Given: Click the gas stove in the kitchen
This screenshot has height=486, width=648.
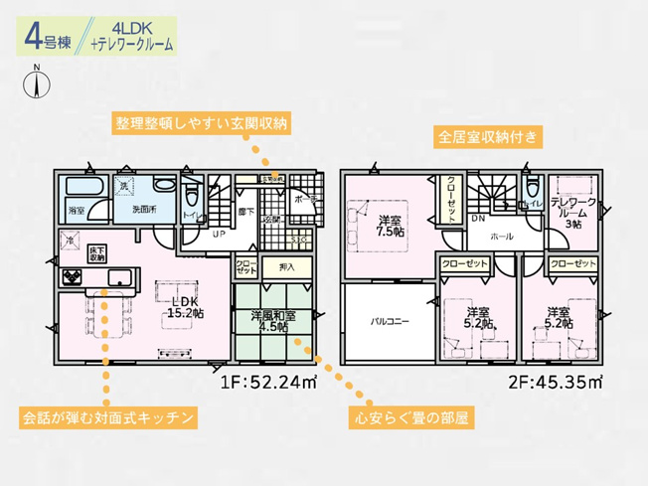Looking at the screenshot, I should [x=72, y=277].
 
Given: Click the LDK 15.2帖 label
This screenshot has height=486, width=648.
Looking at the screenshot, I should [x=184, y=307].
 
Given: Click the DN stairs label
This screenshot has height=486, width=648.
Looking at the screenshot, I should [x=478, y=218].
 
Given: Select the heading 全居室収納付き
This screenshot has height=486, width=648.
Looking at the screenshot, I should [x=486, y=137].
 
